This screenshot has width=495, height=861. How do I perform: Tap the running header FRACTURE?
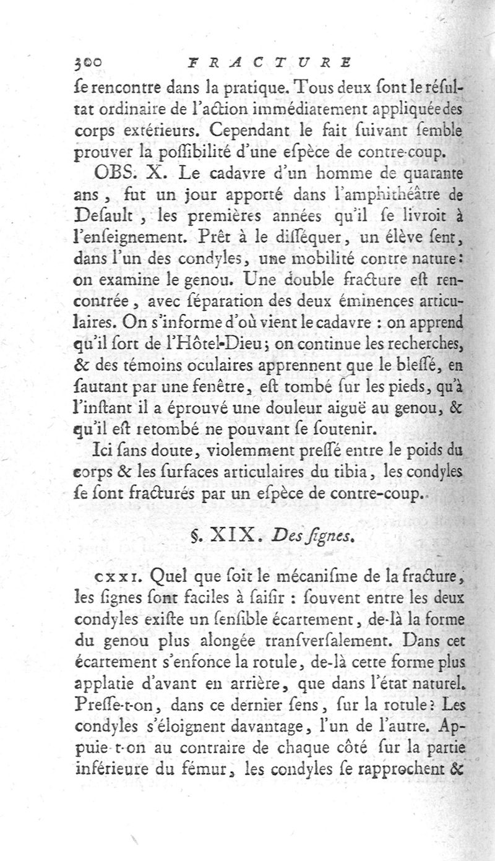[269, 63]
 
